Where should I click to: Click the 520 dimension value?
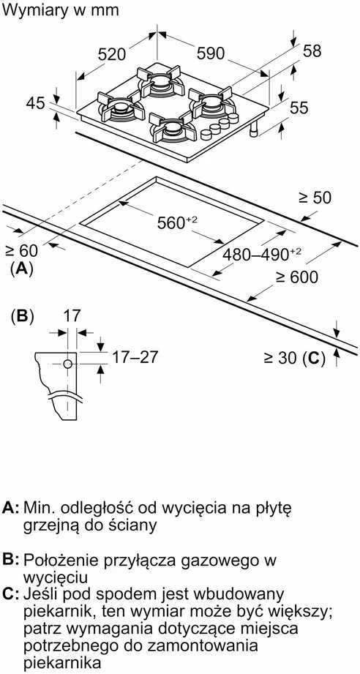coord(112,54)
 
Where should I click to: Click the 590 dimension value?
coord(211,53)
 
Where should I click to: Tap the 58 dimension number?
coord(312,50)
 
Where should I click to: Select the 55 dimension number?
coord(299,108)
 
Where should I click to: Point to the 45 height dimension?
coord(36,104)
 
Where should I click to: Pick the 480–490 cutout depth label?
coord(261,255)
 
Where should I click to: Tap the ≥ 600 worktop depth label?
coord(297,277)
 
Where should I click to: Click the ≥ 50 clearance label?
coord(315,198)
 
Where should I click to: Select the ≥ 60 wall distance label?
coord(21,250)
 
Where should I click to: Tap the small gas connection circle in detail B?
coord(67,364)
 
